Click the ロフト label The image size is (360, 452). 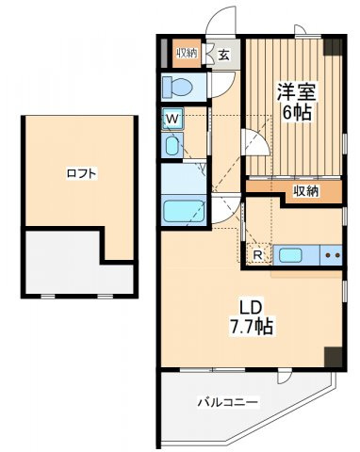point(81,173)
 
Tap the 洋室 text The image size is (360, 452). point(296,91)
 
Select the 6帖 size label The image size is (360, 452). point(297,112)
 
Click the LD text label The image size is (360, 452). point(251,308)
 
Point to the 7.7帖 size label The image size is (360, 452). point(252,328)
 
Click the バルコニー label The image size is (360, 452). point(228,402)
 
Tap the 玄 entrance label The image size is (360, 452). point(224,56)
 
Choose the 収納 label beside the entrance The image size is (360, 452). point(187,53)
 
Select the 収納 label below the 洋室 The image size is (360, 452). point(306,191)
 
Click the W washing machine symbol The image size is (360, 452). point(172,119)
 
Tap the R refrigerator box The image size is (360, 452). point(258,254)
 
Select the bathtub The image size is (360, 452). point(183,211)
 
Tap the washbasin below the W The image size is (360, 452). point(172,145)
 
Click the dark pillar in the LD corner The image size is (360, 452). point(333,357)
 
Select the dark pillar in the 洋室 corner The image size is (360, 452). point(333,47)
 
